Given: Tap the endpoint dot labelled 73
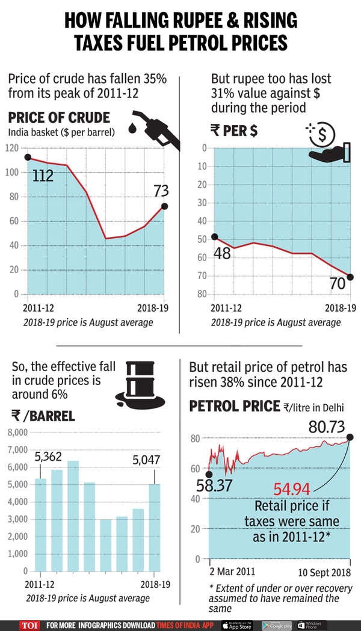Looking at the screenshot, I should pyautogui.click(x=165, y=206).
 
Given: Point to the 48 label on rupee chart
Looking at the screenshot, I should pyautogui.click(x=223, y=254).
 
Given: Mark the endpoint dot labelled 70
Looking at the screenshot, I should pyautogui.click(x=351, y=277).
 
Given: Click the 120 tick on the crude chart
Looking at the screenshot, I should pyautogui.click(x=10, y=148).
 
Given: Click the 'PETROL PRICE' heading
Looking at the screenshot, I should pyautogui.click(x=234, y=407).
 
